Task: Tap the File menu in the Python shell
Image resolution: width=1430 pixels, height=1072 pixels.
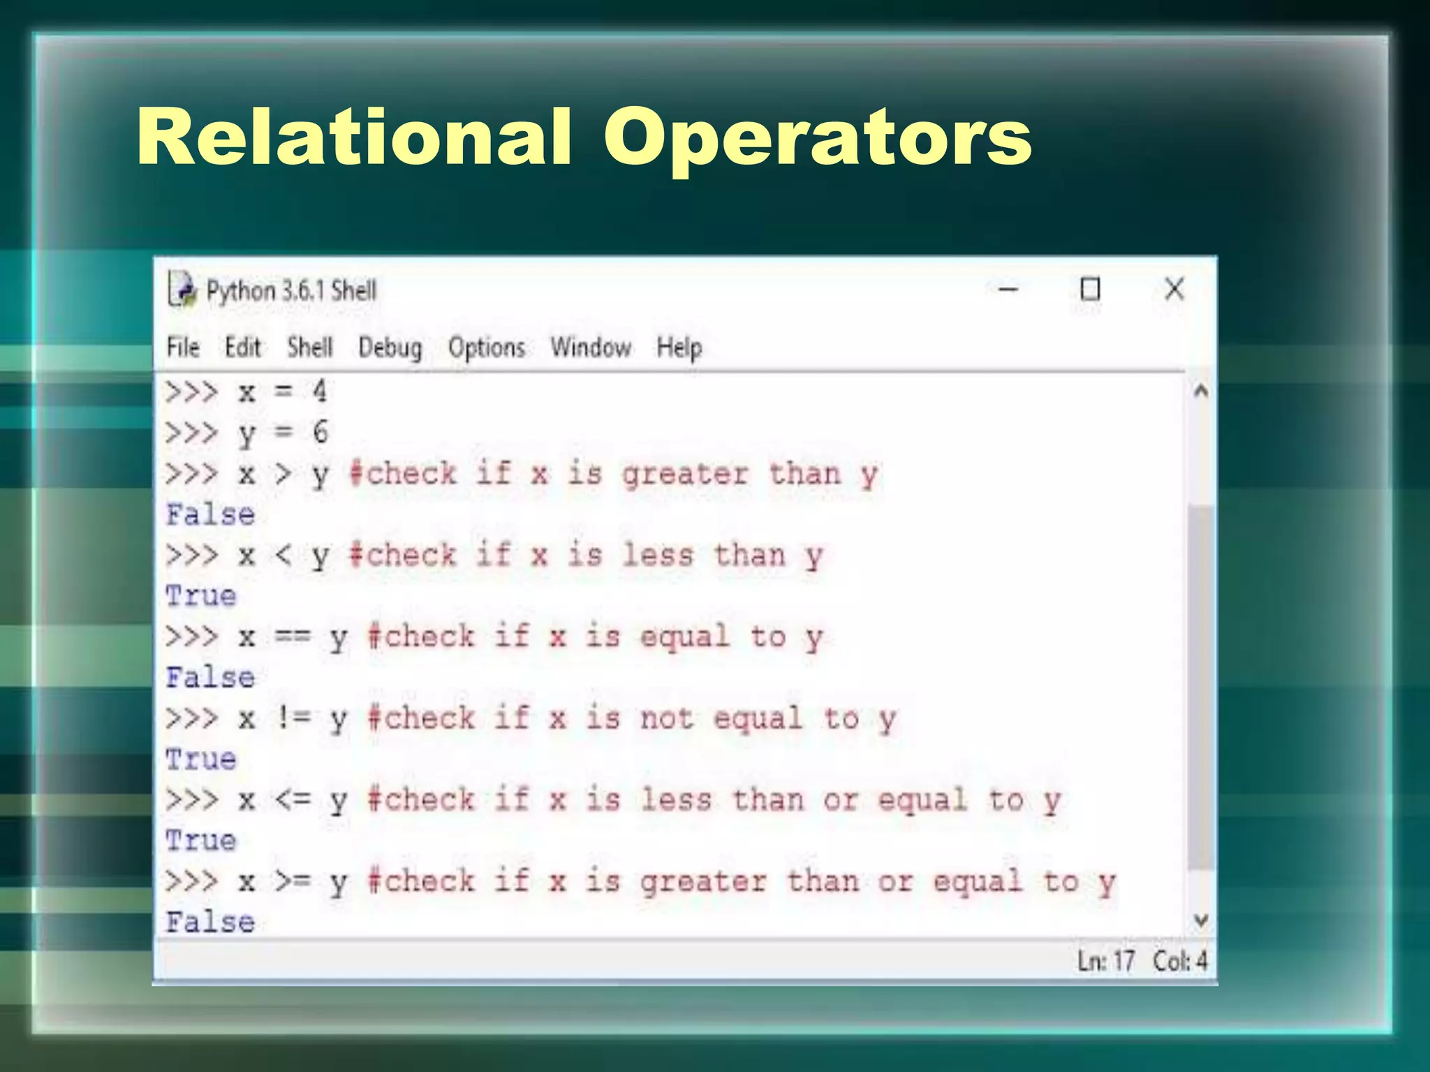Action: [183, 347]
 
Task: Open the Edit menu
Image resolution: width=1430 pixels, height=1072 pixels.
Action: [242, 347]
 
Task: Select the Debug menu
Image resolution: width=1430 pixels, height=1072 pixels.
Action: [390, 348]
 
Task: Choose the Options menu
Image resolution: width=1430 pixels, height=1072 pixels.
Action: [487, 348]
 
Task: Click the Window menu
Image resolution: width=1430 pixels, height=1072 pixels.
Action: [591, 347]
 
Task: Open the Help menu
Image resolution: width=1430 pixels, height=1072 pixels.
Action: [679, 348]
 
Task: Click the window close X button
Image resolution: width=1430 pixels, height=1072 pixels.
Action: [1174, 289]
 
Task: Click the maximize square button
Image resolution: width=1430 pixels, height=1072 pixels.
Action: [1090, 289]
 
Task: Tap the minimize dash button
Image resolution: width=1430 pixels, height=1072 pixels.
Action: [1008, 289]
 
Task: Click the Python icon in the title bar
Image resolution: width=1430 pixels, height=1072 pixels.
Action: [182, 290]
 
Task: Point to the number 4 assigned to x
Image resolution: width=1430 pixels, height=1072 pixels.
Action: [320, 392]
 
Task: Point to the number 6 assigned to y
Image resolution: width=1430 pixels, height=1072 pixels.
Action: [320, 432]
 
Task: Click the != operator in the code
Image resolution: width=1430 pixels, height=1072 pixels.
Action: [293, 718]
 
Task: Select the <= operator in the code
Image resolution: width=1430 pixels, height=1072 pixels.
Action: [293, 800]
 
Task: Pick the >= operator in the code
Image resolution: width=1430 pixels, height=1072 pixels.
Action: [293, 881]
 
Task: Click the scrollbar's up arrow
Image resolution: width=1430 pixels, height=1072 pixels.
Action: [1201, 391]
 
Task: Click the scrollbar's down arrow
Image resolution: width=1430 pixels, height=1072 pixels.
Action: [1201, 921]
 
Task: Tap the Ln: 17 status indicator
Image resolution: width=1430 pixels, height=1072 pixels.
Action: [1105, 961]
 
